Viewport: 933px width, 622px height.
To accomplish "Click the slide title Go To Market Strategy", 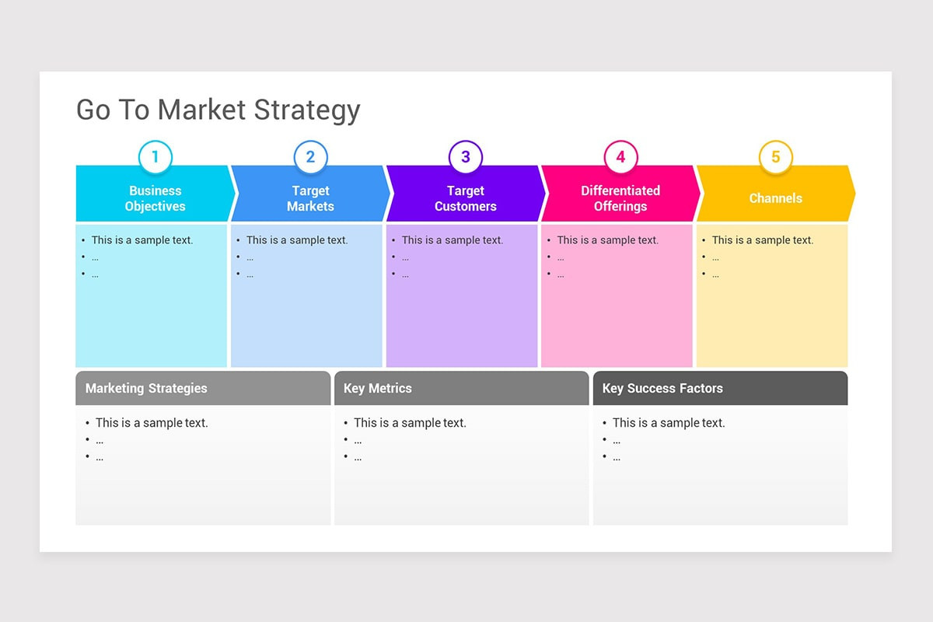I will pyautogui.click(x=218, y=110).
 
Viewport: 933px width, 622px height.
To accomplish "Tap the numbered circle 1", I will pyautogui.click(x=155, y=157).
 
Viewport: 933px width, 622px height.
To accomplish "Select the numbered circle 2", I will pyautogui.click(x=310, y=157).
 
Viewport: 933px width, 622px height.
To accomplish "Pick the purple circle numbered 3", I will pyautogui.click(x=465, y=157).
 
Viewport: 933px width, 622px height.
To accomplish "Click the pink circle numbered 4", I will pyautogui.click(x=620, y=157).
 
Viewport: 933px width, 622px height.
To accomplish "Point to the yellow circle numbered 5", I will pyautogui.click(x=775, y=157).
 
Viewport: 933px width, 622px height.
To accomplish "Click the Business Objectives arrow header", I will pyautogui.click(x=155, y=198).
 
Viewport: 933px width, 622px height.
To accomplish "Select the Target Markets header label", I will pyautogui.click(x=310, y=198).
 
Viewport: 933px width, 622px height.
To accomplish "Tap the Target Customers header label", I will pyautogui.click(x=465, y=198).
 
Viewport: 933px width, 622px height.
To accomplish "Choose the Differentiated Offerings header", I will pyautogui.click(x=620, y=198).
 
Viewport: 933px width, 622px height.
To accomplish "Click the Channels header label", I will pyautogui.click(x=775, y=198).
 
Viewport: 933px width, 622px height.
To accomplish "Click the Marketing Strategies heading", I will pyautogui.click(x=146, y=388).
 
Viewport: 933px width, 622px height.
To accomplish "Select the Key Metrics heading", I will pyautogui.click(x=378, y=388).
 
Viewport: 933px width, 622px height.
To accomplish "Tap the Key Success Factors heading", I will pyautogui.click(x=662, y=388).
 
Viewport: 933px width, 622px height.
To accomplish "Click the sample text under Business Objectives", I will pyautogui.click(x=142, y=240).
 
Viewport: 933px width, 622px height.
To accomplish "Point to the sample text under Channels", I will pyautogui.click(x=763, y=240).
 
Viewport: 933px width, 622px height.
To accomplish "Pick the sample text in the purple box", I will pyautogui.click(x=453, y=240).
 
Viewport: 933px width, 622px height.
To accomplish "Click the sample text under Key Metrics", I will pyautogui.click(x=410, y=423).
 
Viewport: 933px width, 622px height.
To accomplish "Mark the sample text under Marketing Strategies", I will pyautogui.click(x=152, y=423).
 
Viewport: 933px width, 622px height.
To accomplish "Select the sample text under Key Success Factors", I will pyautogui.click(x=669, y=423).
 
